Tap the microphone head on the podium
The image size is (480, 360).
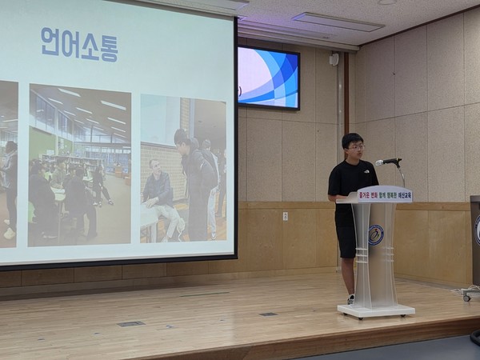click(x=387, y=162)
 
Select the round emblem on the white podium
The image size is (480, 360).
click(x=375, y=234)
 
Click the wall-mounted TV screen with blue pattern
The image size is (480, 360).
click(x=268, y=78)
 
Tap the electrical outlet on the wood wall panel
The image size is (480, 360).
click(x=285, y=215)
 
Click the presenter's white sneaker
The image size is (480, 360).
click(x=350, y=299)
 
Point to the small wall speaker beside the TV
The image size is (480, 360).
click(x=334, y=59)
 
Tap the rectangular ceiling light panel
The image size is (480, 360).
click(x=337, y=22)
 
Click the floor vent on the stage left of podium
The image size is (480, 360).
click(x=130, y=323)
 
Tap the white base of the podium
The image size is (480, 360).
click(x=376, y=310)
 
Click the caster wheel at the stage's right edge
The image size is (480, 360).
click(x=467, y=296)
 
